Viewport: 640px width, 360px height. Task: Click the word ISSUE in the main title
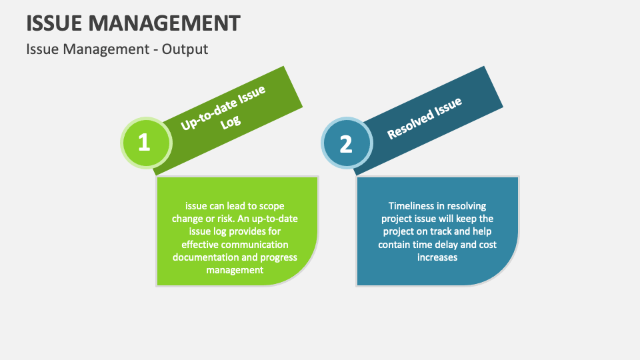pyautogui.click(x=55, y=23)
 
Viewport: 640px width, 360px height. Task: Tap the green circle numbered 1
pyautogui.click(x=144, y=142)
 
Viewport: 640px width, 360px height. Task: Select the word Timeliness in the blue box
pyautogui.click(x=413, y=206)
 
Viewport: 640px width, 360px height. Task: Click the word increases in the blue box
pyautogui.click(x=437, y=257)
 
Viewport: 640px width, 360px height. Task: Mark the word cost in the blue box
pyautogui.click(x=488, y=244)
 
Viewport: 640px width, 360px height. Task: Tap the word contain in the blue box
pyautogui.click(x=395, y=244)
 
